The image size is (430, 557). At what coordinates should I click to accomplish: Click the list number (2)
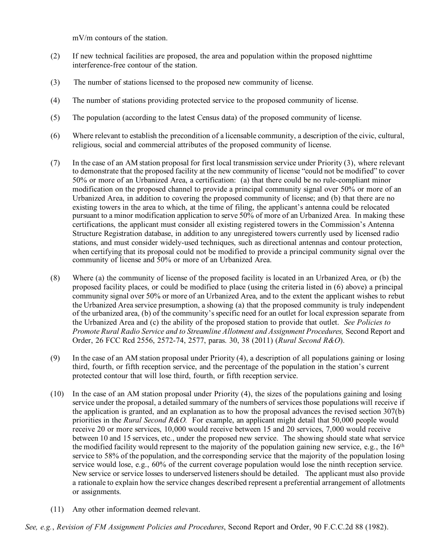click(55, 56)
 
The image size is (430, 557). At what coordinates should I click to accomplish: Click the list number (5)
click(55, 118)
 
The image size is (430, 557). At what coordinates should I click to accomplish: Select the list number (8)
click(55, 278)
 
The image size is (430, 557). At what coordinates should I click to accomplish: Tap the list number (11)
click(57, 509)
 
